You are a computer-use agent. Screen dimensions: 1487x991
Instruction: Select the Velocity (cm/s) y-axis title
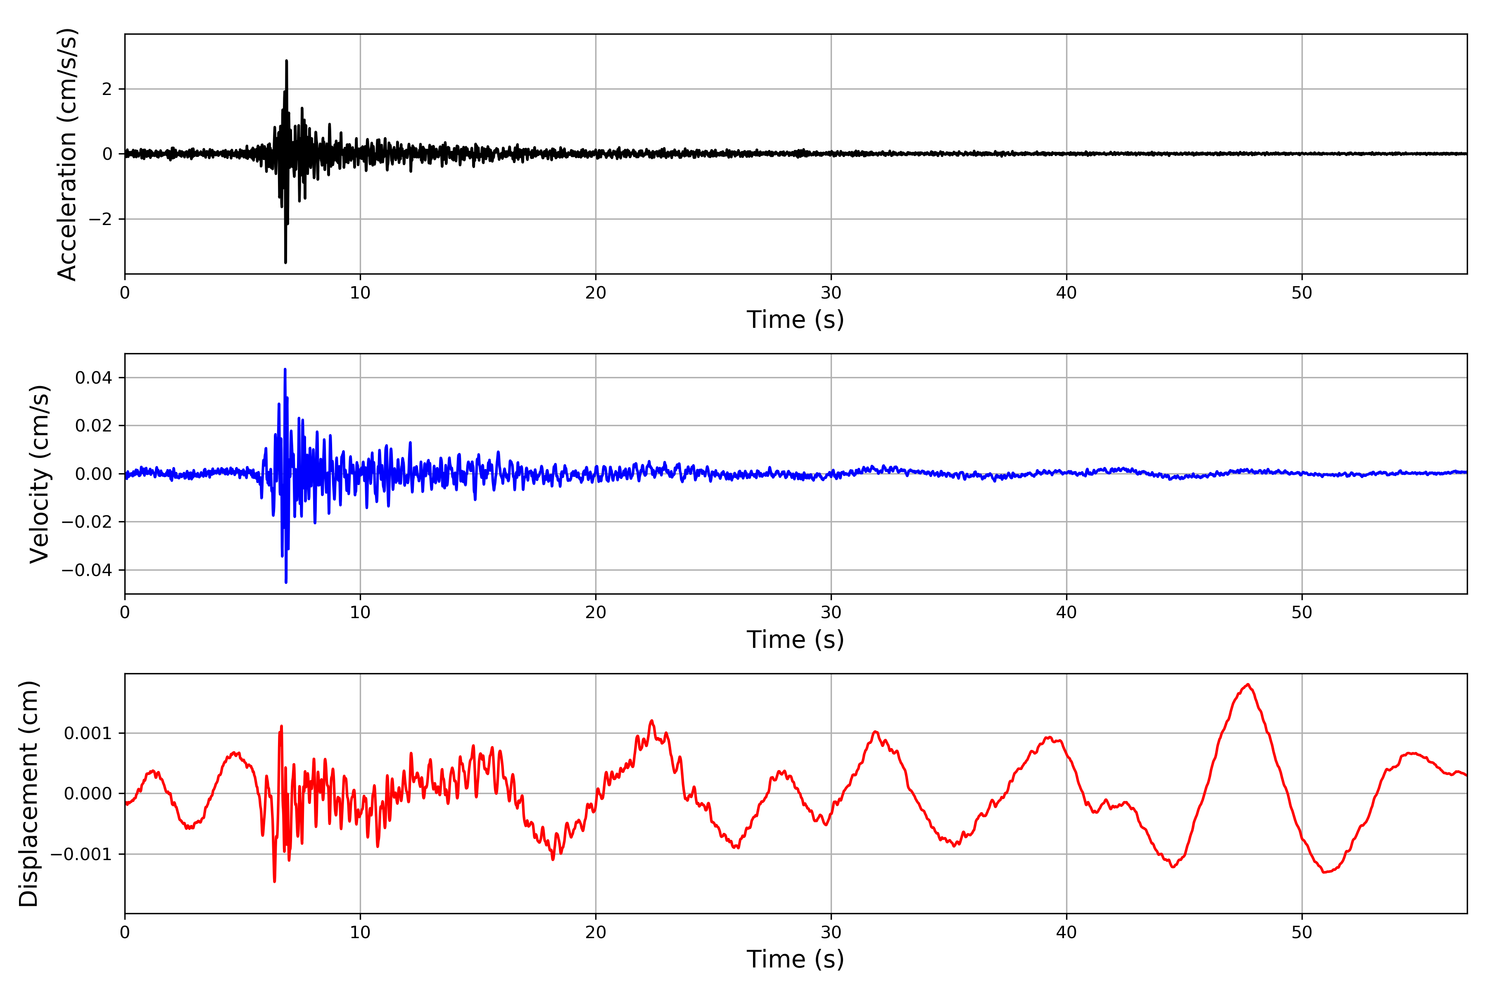coord(40,474)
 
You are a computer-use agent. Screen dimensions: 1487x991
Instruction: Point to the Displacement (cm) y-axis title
coord(29,794)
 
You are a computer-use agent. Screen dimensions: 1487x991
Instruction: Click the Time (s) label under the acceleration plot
coord(796,320)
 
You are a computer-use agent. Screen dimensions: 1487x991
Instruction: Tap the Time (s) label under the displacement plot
coord(796,959)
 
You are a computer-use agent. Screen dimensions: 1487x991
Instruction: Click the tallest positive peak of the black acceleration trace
coord(286,61)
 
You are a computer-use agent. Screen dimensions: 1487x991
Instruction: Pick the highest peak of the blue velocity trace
coord(285,369)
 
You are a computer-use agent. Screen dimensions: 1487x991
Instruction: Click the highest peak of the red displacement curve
coord(1247,685)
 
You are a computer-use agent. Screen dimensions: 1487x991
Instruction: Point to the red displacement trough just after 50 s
coord(1325,872)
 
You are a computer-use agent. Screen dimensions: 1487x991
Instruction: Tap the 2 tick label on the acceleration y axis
coord(107,89)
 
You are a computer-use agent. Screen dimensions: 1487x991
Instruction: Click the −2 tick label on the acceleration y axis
coord(100,219)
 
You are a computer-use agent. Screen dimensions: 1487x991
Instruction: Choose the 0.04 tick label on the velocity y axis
coord(94,378)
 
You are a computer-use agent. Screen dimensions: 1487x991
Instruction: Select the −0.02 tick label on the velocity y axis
coord(87,522)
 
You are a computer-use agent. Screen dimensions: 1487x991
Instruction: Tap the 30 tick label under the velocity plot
coord(831,612)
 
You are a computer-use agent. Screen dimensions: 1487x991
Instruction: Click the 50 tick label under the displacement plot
coord(1302,932)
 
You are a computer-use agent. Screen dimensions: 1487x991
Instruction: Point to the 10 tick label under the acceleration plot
coord(360,293)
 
